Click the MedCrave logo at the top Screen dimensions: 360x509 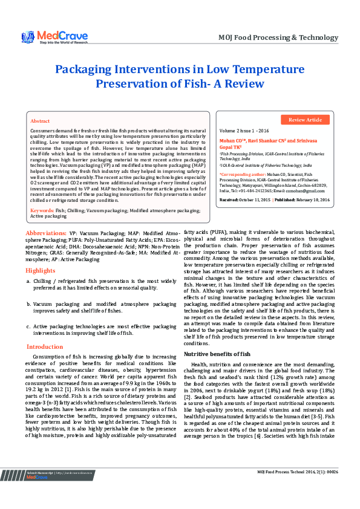(55, 37)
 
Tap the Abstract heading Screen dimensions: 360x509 (40, 122)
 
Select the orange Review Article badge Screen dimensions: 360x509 (305, 120)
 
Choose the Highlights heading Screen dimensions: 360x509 (41, 253)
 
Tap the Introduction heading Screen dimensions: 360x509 (44, 346)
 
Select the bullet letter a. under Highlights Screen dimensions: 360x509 (28, 265)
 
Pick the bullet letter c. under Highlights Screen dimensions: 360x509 (28, 327)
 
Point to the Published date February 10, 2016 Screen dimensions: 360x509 (312, 199)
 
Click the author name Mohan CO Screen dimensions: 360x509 (230, 139)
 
